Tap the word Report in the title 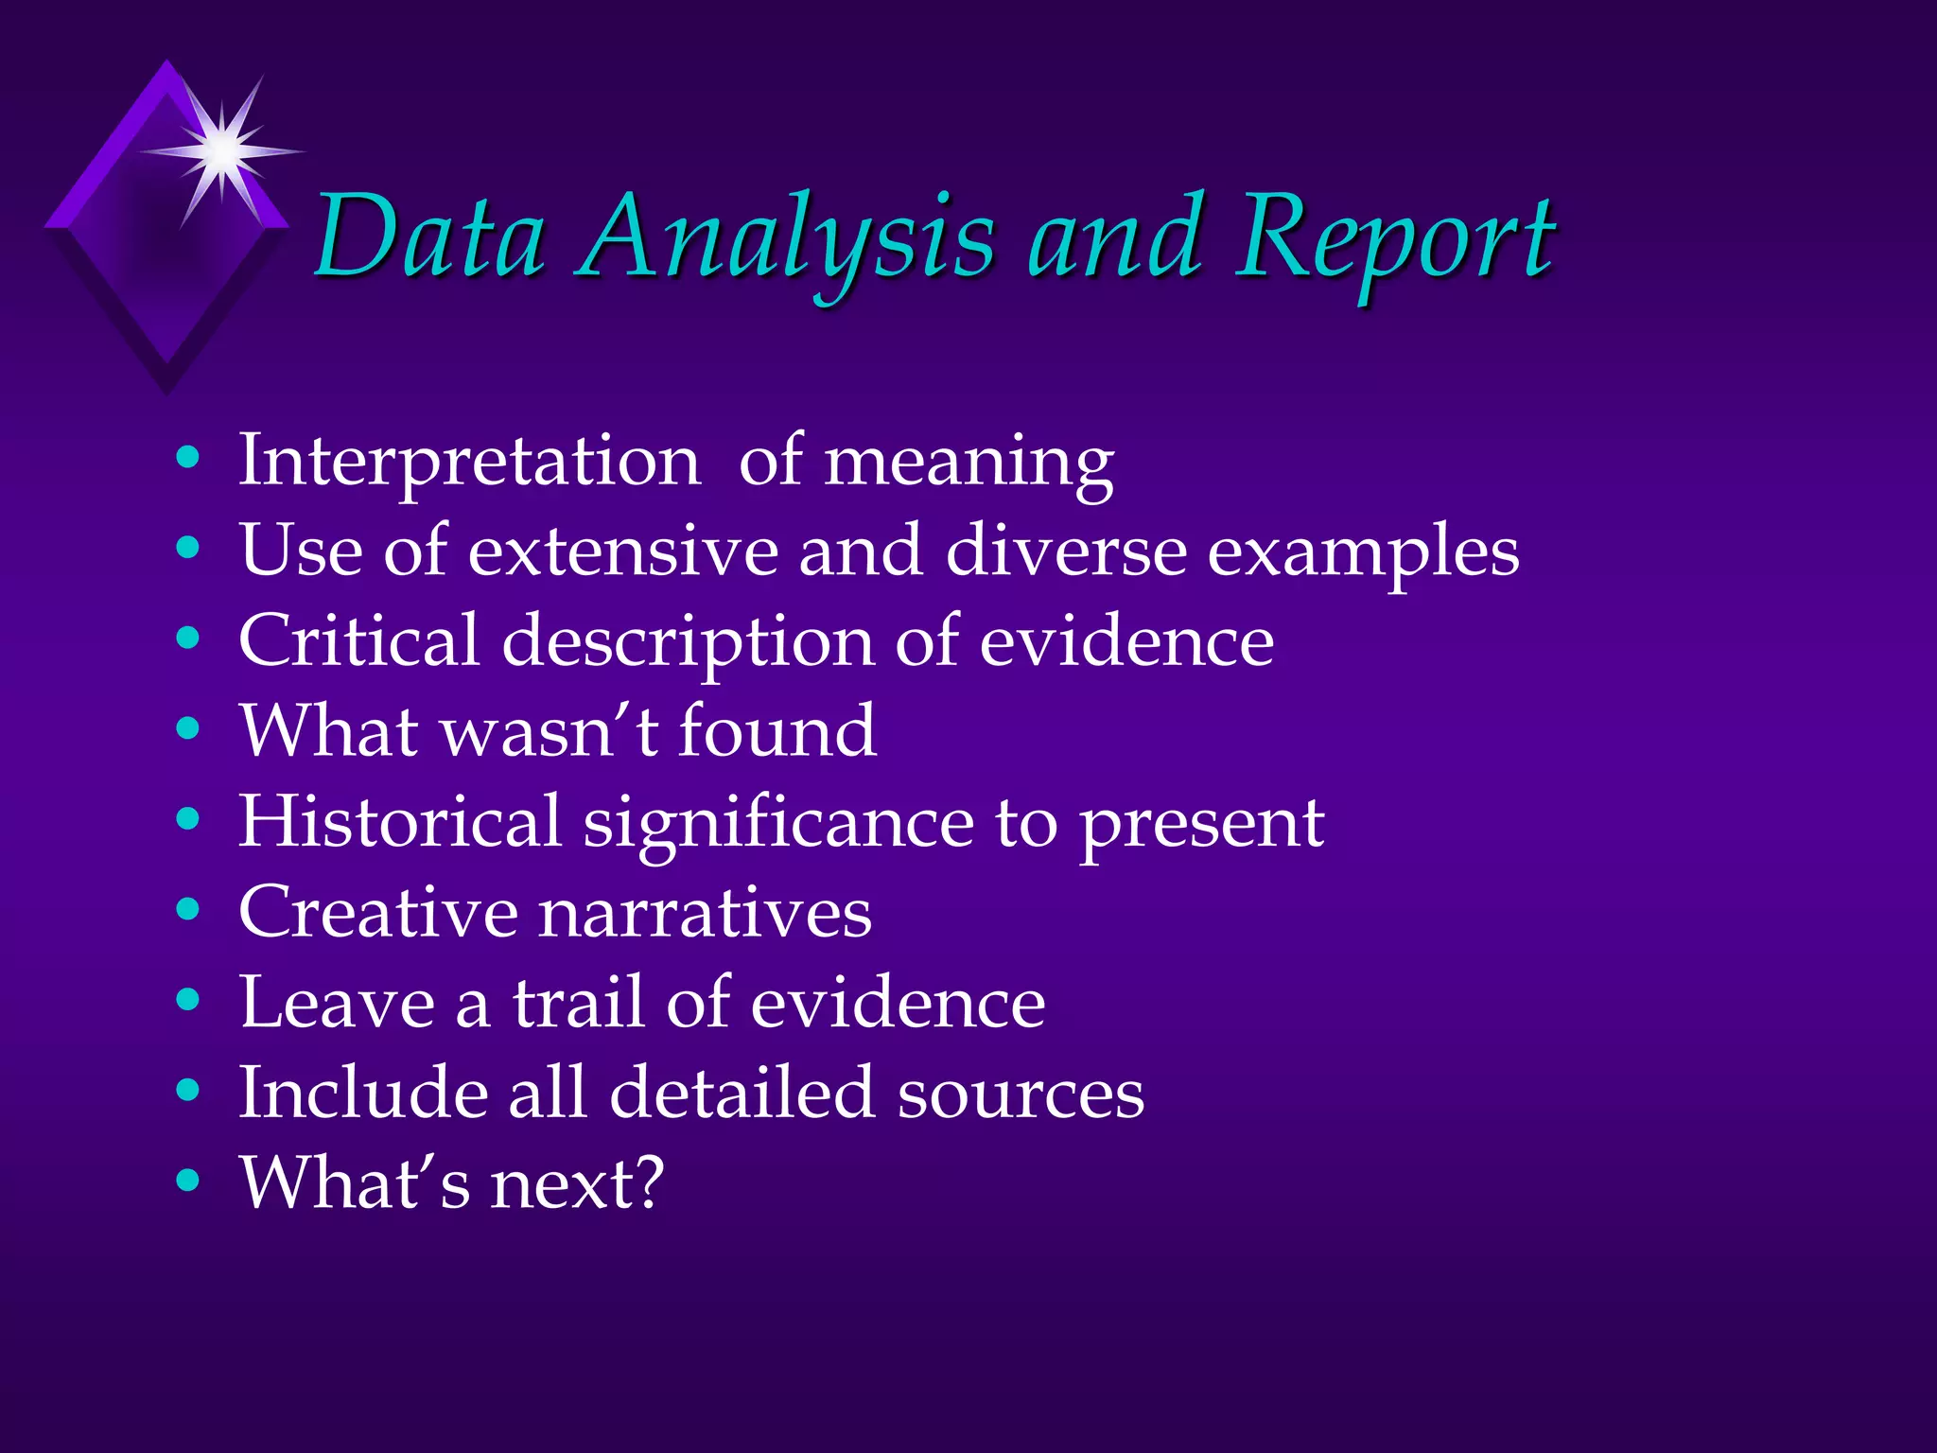(1396, 241)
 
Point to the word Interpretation (469, 462)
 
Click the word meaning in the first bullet (969, 464)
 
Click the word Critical (359, 640)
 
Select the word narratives (706, 913)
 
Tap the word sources (1021, 1094)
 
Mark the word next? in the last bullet (578, 1183)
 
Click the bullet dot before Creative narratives (188, 910)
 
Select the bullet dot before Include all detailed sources (188, 1091)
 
